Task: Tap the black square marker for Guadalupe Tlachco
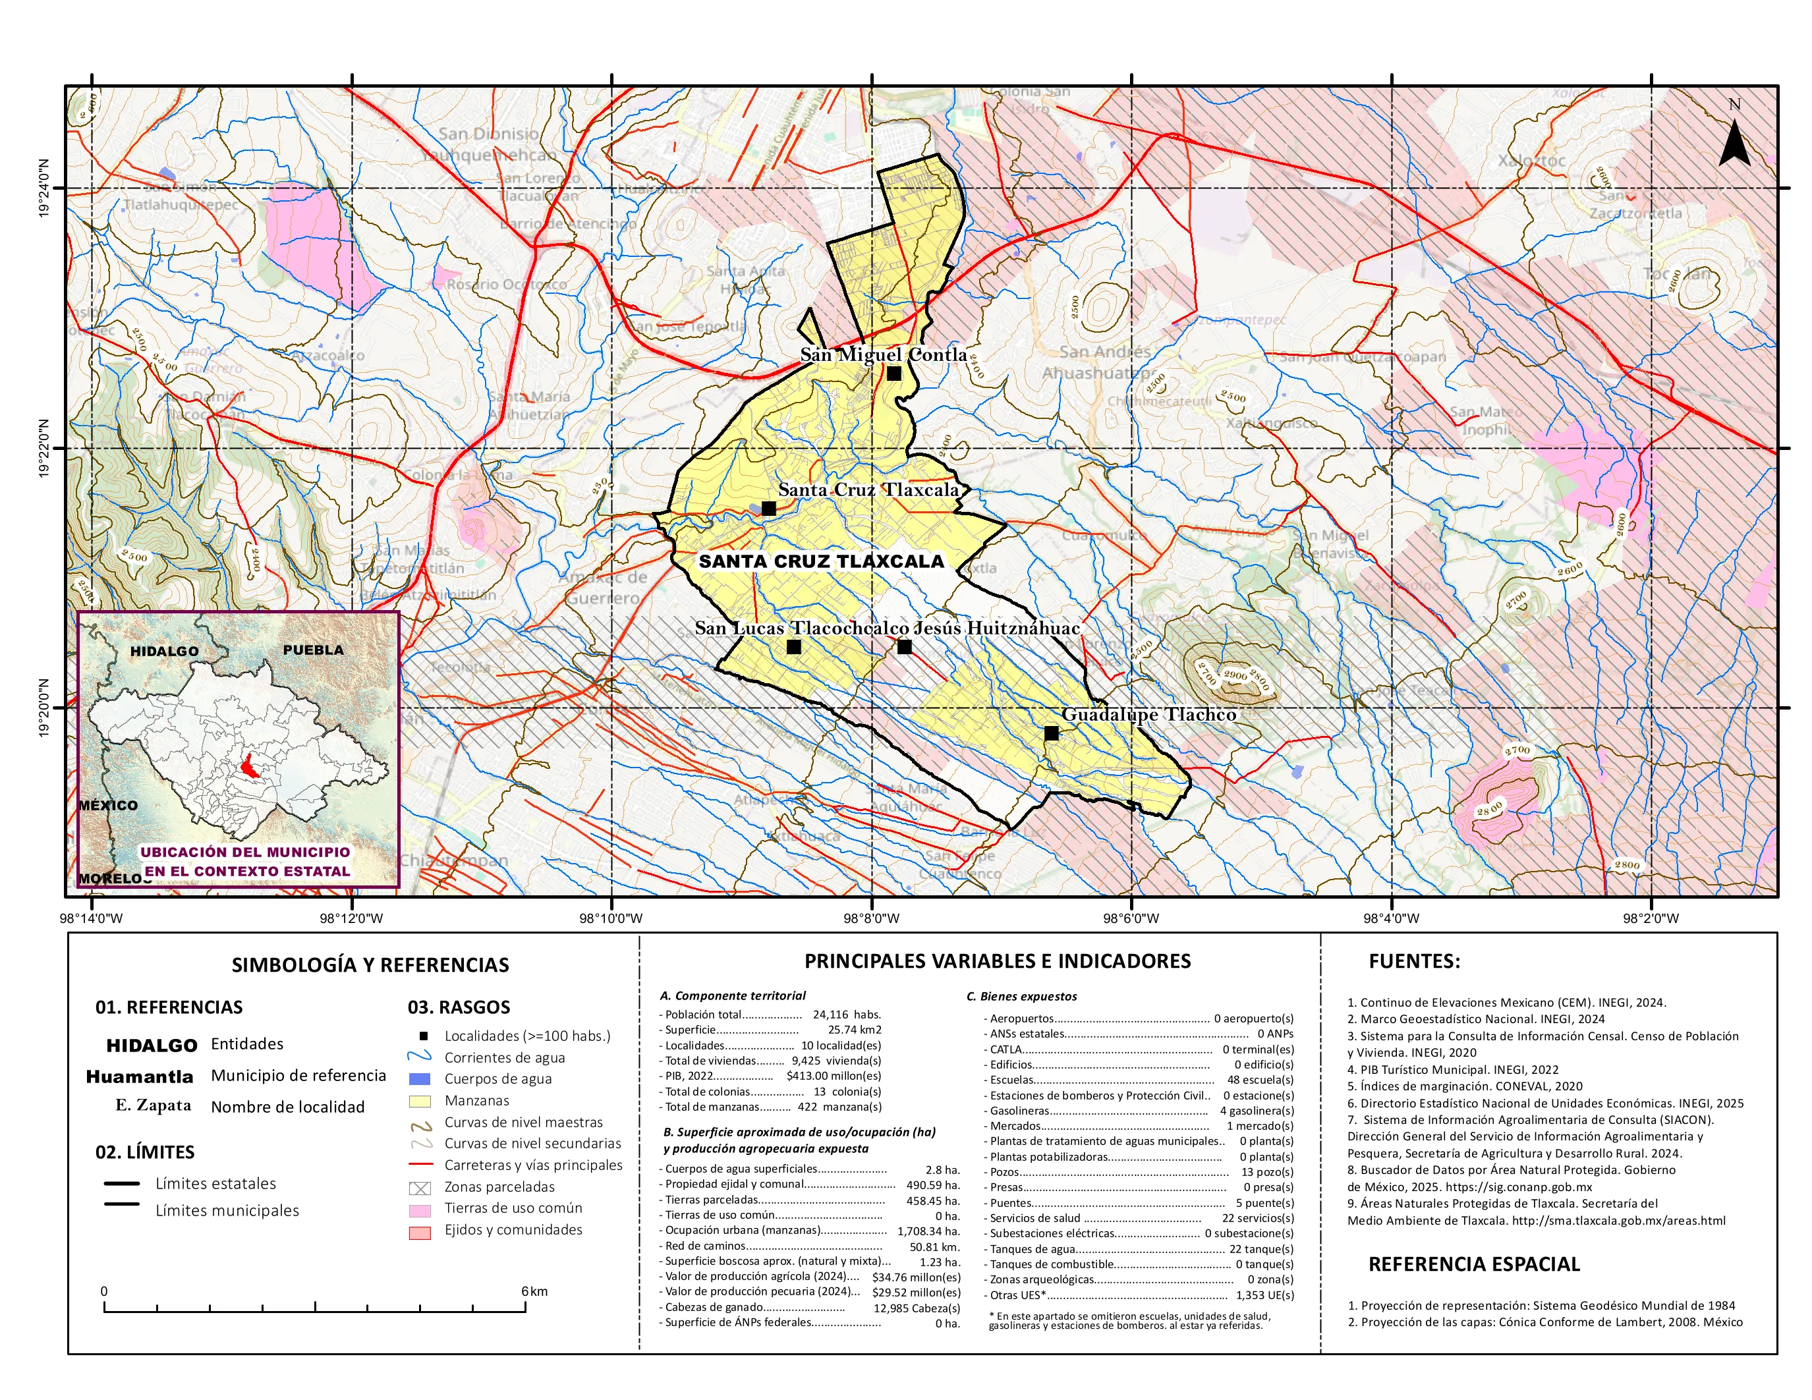tap(1051, 733)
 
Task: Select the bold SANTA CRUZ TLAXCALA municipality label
tap(822, 561)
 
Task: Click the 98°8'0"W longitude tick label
tap(870, 918)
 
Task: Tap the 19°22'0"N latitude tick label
tap(43, 448)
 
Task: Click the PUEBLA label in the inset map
tap(313, 650)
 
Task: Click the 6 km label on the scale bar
tap(534, 1291)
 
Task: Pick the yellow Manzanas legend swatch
tap(420, 1102)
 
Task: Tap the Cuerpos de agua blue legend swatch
tap(420, 1079)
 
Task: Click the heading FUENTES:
tap(1414, 961)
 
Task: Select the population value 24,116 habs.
tap(846, 1015)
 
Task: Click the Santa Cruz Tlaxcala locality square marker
tap(768, 509)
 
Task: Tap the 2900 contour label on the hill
tap(1235, 675)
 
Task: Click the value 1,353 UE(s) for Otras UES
tap(1264, 1295)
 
